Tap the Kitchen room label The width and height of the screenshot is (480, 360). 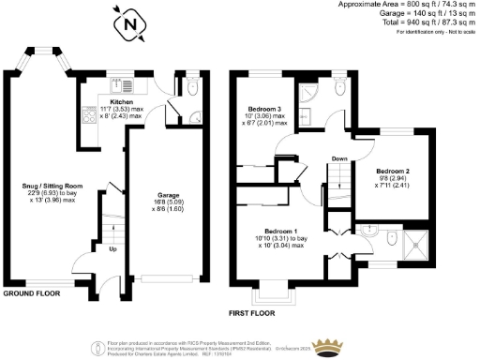[122, 101]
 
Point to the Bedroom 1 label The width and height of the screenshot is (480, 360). [281, 231]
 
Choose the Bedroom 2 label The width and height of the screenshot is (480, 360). [393, 172]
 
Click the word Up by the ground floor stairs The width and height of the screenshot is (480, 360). [114, 250]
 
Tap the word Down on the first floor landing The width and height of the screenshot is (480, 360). [338, 159]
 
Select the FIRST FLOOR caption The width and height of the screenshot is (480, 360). [255, 311]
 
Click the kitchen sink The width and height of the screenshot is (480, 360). [119, 84]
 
